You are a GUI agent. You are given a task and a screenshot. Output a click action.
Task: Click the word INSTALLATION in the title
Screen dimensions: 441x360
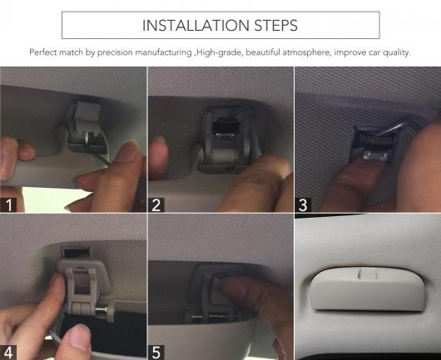coord(196,25)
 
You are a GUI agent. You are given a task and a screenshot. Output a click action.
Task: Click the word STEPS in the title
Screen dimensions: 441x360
coord(276,25)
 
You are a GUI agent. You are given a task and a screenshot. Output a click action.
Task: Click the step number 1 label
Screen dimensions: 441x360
coord(8,205)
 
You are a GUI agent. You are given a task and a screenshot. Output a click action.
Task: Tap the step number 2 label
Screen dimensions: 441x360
coord(156,205)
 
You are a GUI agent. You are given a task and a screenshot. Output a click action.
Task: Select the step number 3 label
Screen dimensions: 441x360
coord(303,205)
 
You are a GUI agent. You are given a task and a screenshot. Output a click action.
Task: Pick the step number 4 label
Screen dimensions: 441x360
coord(8,353)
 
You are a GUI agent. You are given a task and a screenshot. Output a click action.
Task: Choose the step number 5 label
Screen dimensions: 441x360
coord(156,353)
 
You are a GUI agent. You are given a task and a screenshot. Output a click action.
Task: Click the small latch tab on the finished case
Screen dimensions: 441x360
coord(368,274)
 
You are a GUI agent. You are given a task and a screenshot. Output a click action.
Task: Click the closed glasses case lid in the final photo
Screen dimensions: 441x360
coord(366,288)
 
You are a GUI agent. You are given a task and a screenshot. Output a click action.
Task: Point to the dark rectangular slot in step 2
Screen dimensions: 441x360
coord(225,131)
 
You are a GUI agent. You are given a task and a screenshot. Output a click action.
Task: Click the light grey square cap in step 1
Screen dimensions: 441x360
coord(87,110)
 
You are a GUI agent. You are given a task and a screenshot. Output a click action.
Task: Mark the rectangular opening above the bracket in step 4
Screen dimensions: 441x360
coord(76,253)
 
